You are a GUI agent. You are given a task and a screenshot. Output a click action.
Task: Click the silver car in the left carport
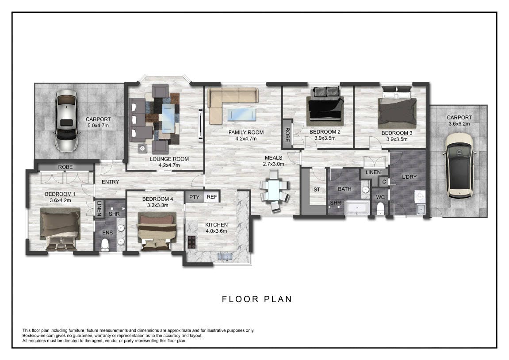tap(66, 121)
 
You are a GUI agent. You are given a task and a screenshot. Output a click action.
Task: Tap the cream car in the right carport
tap(459, 165)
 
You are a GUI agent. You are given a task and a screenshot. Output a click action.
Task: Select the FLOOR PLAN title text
tap(257, 299)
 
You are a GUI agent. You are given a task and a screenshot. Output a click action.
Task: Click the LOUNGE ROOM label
tap(169, 159)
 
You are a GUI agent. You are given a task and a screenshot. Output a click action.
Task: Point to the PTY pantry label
tap(195, 197)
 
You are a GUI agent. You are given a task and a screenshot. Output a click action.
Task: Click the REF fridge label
tap(212, 197)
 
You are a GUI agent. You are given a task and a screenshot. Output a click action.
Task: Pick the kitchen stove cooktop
tap(192, 242)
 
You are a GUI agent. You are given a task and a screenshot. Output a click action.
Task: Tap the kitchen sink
tap(225, 257)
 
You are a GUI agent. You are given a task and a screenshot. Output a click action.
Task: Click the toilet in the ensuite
tap(105, 245)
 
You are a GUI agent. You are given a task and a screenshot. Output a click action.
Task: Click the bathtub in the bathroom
tap(356, 208)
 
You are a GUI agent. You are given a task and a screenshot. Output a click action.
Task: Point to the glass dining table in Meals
tap(274, 191)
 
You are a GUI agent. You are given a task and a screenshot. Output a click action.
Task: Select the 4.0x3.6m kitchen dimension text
tap(217, 231)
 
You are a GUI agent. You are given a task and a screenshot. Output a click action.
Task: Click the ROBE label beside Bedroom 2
tap(287, 134)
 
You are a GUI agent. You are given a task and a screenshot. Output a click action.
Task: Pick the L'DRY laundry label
tap(409, 177)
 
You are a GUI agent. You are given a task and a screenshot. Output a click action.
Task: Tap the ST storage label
tap(317, 190)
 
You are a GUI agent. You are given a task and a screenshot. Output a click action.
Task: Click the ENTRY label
tap(111, 182)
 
